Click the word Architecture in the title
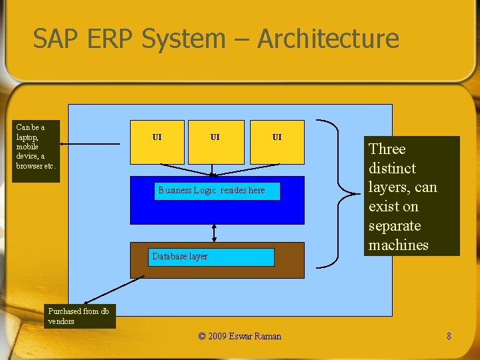point(328,39)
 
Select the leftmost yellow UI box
point(157,141)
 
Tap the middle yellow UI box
point(216,141)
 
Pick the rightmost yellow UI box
point(277,141)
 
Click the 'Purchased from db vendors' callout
point(81,316)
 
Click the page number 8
point(449,336)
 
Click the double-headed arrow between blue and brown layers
point(214,233)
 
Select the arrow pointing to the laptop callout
point(93,142)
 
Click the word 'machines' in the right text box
point(399,245)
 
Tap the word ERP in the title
point(110,39)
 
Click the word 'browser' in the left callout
point(29,166)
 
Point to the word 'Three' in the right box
point(387,149)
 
